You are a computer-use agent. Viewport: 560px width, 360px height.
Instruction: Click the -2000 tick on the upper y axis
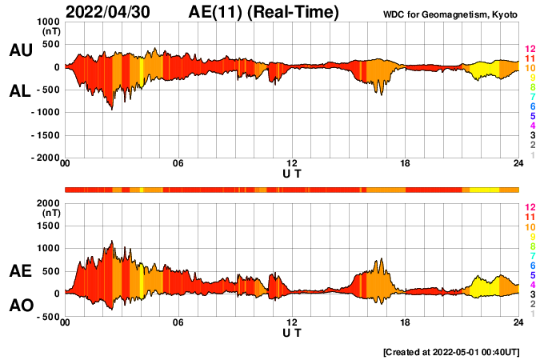point(46,158)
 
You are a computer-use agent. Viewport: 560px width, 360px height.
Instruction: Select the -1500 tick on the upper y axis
point(46,135)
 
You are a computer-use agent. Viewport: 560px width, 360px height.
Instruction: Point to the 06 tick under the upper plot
point(178,164)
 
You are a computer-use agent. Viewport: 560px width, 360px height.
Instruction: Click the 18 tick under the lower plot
point(406,322)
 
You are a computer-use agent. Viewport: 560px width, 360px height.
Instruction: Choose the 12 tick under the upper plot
point(292,164)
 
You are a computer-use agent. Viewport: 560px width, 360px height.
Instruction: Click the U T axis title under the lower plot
point(292,333)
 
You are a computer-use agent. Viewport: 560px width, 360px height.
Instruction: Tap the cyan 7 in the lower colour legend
point(531,255)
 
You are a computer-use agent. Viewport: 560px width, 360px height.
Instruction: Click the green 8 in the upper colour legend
point(531,87)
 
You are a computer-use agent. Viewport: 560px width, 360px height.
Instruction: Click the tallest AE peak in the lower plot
point(112,241)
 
